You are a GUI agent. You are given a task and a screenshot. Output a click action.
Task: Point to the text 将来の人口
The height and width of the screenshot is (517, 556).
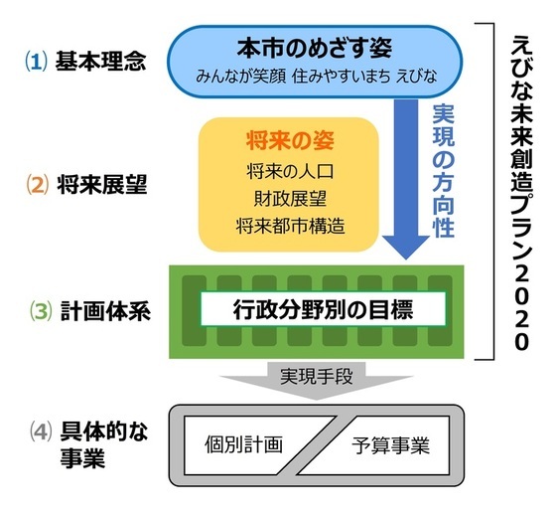coord(288,171)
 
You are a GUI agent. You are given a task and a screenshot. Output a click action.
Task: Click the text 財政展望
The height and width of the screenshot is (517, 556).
coord(288,198)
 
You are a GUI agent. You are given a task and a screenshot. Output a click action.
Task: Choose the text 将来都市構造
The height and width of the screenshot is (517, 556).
coord(288,226)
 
